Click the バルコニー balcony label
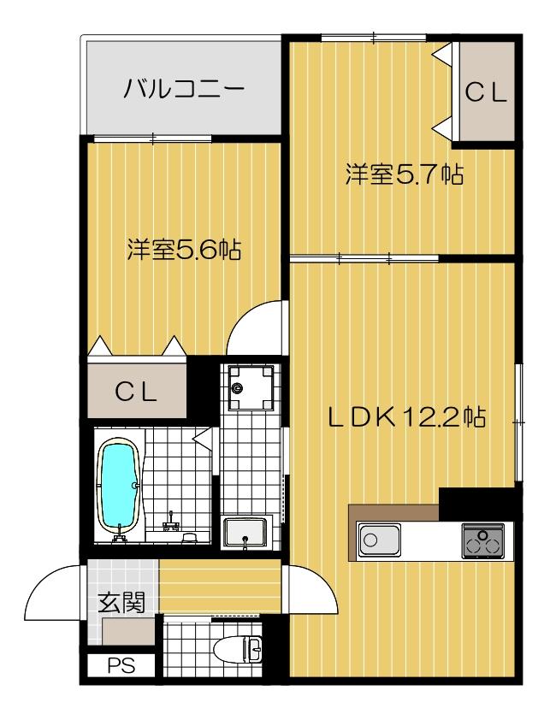point(184,88)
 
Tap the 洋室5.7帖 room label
point(404,175)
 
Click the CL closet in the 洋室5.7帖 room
point(486,92)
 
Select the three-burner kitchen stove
point(483,540)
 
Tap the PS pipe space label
point(119,664)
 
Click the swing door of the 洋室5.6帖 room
point(257,329)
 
